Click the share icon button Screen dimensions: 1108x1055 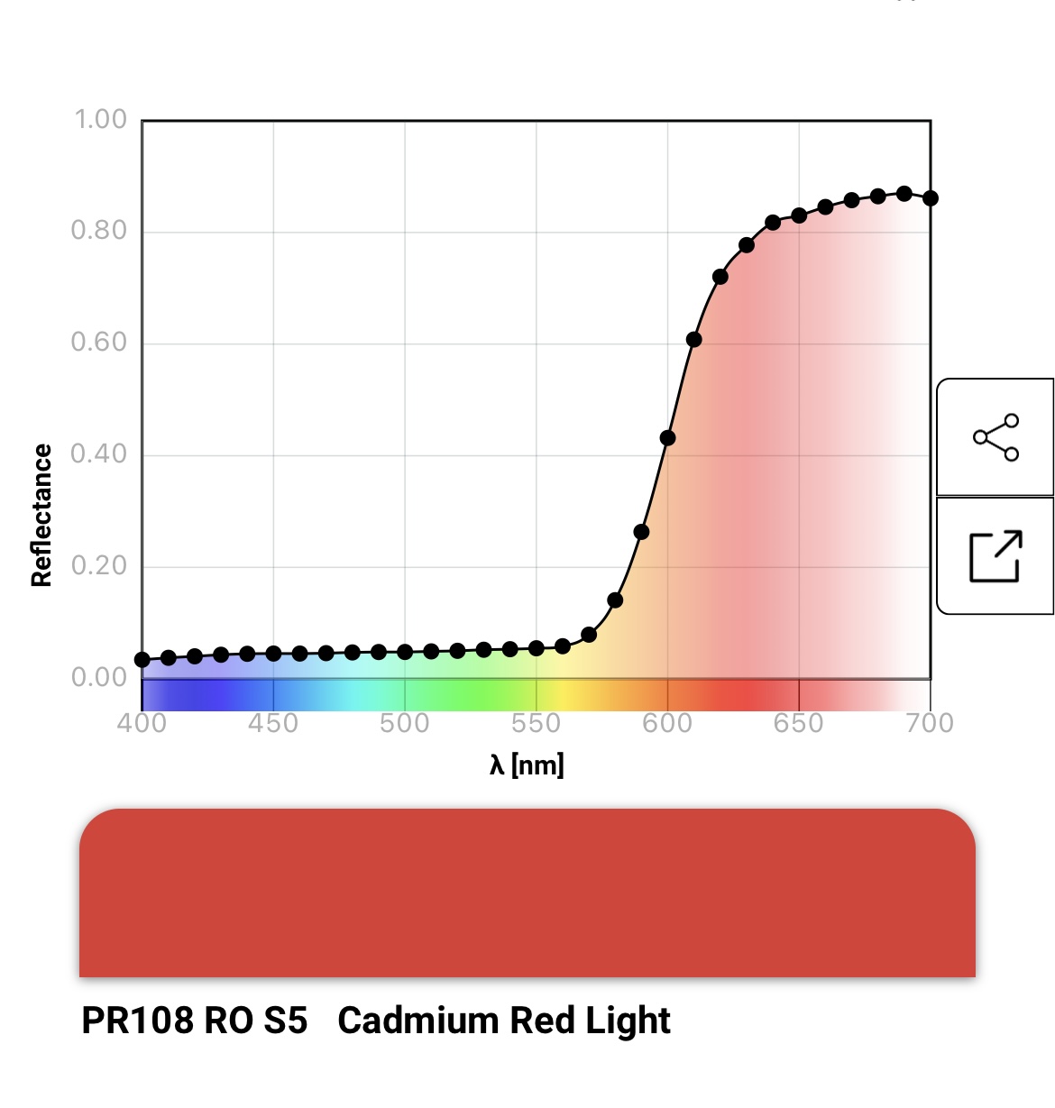pyautogui.click(x=995, y=437)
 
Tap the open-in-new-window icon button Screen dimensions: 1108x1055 pyautogui.click(x=995, y=556)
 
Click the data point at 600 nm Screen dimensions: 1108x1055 pyautogui.click(x=667, y=438)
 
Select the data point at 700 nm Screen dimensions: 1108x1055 pyautogui.click(x=930, y=198)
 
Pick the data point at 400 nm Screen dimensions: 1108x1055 pyautogui.click(x=142, y=660)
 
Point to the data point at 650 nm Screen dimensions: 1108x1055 pyautogui.click(x=799, y=215)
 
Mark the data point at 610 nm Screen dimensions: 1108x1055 pyautogui.click(x=693, y=340)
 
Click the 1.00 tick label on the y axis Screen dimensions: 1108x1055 pyautogui.click(x=100, y=120)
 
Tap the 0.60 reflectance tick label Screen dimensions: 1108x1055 pyautogui.click(x=99, y=343)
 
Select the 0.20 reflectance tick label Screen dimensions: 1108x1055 pyautogui.click(x=99, y=566)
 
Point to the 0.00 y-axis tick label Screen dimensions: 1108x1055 pyautogui.click(x=99, y=677)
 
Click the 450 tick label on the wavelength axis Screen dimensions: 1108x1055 pyautogui.click(x=273, y=723)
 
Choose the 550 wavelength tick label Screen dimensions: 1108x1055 pyautogui.click(x=536, y=723)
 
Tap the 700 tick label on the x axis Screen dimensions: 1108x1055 pyautogui.click(x=930, y=723)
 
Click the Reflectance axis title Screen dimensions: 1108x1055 pyautogui.click(x=41, y=516)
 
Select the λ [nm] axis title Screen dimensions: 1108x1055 pyautogui.click(x=527, y=765)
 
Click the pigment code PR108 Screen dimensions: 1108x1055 pyautogui.click(x=137, y=1021)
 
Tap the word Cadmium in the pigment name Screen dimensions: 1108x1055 pyautogui.click(x=417, y=1021)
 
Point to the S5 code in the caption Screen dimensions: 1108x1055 pyautogui.click(x=285, y=1021)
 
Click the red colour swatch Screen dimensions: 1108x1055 pyautogui.click(x=527, y=893)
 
